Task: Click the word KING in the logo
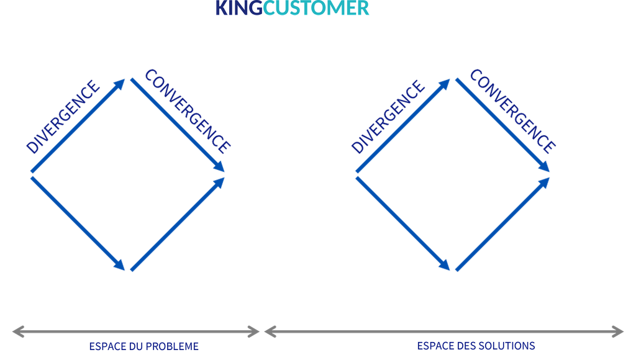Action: [x=239, y=7]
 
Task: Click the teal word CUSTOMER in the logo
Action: [x=316, y=7]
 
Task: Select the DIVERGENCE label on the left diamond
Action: [x=63, y=117]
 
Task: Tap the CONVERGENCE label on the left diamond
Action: [x=188, y=111]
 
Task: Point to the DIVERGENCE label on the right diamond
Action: [x=388, y=117]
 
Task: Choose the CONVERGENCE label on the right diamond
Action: [x=512, y=111]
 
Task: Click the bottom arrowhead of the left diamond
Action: [x=119, y=265]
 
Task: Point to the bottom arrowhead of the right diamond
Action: [x=445, y=265]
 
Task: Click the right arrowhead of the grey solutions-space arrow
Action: [x=618, y=331]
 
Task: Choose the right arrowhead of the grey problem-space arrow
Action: [x=253, y=331]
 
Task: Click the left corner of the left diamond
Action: [x=31, y=175]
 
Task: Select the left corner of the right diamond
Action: [x=356, y=175]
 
